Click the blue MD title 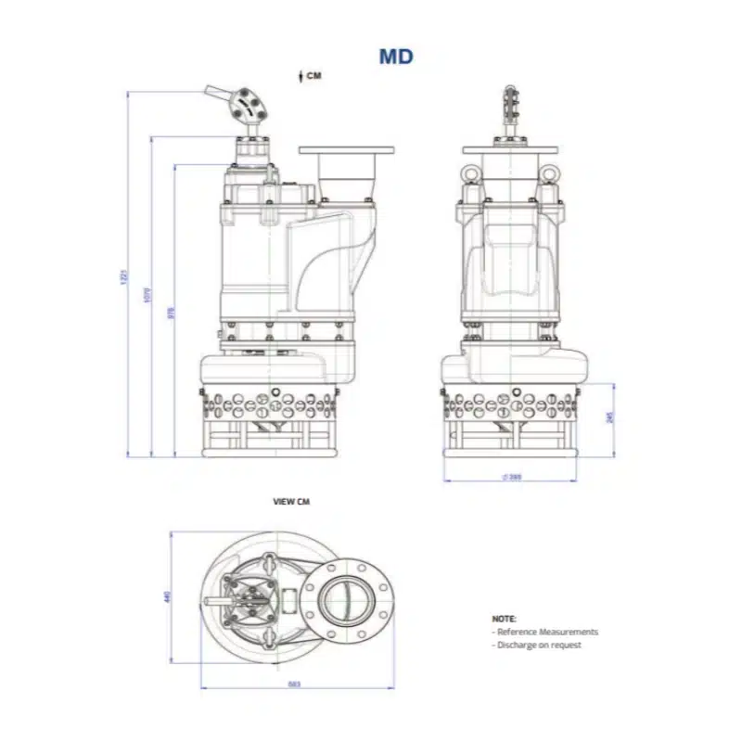[395, 56]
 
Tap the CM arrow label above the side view [309, 76]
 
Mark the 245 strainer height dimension [609, 418]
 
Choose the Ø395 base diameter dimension [511, 478]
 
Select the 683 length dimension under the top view [294, 684]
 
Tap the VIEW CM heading [290, 501]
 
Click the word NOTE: [504, 618]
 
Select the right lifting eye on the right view [550, 173]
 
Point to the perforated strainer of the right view [511, 405]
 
